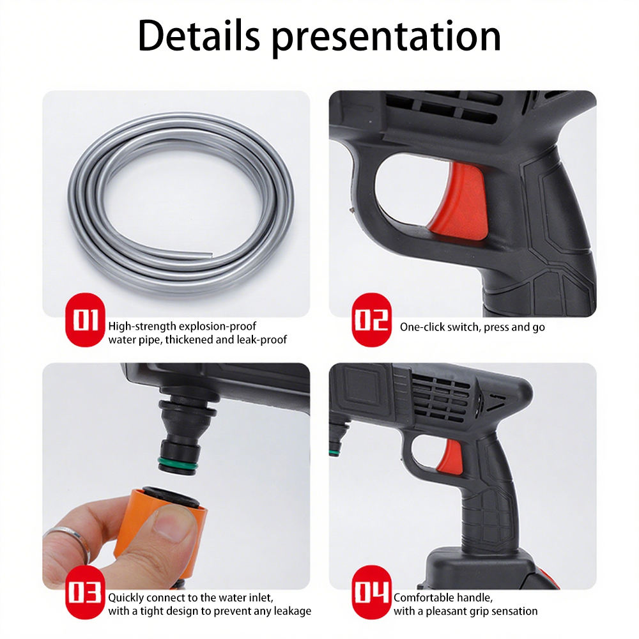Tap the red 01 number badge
[x=85, y=320]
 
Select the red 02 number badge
[x=371, y=320]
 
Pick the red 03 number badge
[x=85, y=592]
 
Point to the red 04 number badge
[x=371, y=592]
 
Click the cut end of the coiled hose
[x=210, y=254]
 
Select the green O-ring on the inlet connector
[x=178, y=464]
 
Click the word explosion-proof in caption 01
[x=217, y=327]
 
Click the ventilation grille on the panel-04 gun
[x=441, y=398]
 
